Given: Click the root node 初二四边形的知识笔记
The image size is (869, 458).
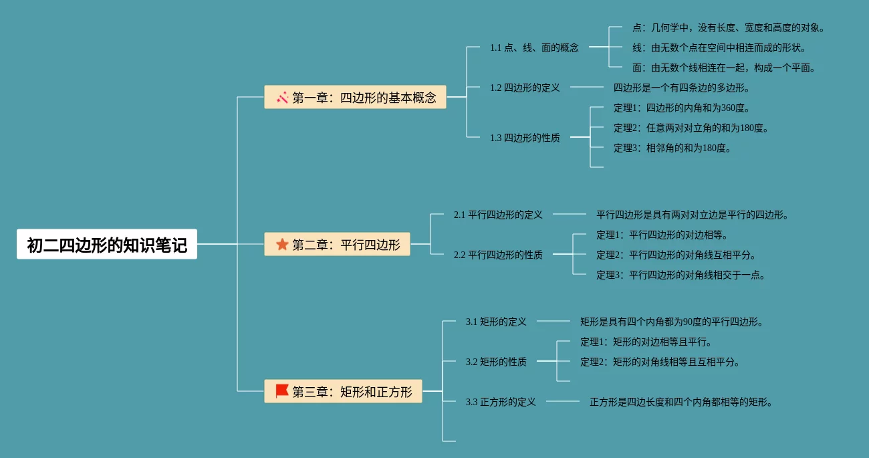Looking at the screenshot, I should point(107,245).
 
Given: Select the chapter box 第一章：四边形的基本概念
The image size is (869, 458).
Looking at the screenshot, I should point(355,98).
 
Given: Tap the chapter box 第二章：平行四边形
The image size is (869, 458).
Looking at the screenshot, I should point(338,245).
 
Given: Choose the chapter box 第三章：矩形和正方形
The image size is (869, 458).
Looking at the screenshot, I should point(343,392).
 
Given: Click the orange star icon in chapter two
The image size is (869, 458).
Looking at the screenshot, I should point(282,245).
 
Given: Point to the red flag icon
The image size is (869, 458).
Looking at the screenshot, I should point(282,391).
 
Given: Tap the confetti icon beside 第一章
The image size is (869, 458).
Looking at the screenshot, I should point(282,98).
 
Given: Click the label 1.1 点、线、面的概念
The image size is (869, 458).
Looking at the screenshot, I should point(534,47).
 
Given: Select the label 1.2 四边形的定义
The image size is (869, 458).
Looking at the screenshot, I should point(525,88).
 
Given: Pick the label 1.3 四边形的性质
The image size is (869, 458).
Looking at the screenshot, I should point(525,138).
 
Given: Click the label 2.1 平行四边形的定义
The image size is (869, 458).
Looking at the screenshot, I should point(498,215).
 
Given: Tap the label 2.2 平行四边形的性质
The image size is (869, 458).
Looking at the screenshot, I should point(498,255).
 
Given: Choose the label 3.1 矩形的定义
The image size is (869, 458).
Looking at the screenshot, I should point(496,322).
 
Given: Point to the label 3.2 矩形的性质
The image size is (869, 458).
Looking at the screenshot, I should point(496,362).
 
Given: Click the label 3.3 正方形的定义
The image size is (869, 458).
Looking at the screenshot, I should point(501,402).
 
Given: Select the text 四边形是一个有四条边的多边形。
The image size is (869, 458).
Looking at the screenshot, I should point(682,88).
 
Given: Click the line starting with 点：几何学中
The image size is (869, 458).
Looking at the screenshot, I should point(728,27).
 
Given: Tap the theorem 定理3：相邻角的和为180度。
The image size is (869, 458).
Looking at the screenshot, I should point(672,148).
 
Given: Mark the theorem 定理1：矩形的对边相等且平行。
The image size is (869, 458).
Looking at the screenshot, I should point(646,342).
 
